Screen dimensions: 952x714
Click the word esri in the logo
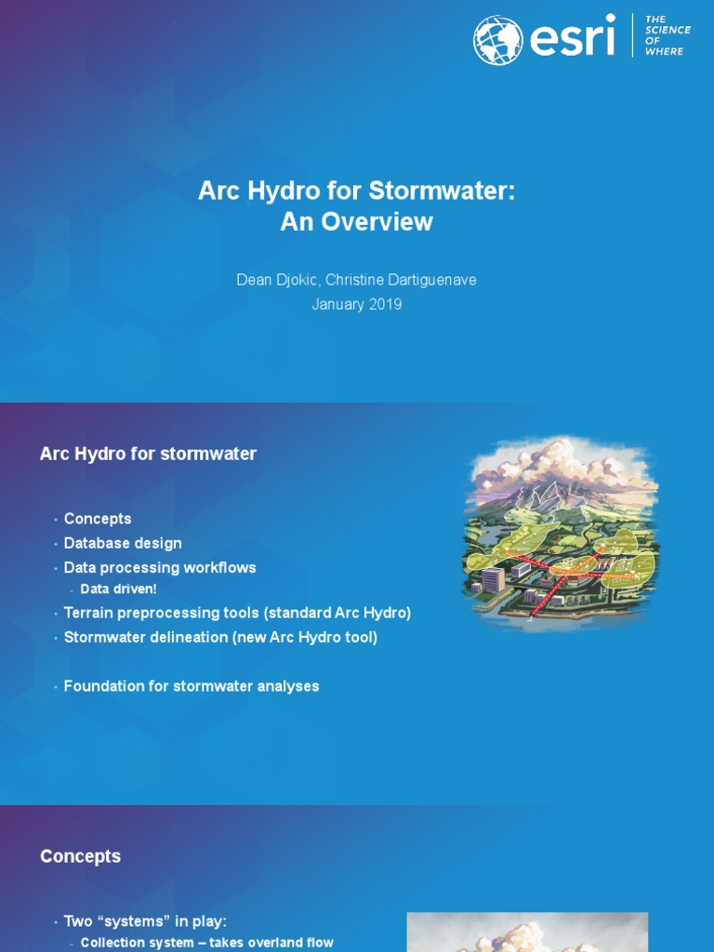[573, 39]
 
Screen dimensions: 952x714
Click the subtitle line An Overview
[357, 222]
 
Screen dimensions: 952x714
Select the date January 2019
[357, 304]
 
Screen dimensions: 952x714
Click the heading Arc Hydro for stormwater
[148, 454]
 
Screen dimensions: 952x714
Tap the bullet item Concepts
[98, 519]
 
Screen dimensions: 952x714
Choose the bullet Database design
[123, 543]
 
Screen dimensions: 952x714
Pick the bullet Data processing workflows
[160, 567]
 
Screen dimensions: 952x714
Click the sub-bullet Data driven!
[119, 589]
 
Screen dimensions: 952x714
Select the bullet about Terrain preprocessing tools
[237, 614]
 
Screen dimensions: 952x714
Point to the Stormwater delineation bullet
[220, 638]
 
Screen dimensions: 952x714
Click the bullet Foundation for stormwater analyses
[192, 686]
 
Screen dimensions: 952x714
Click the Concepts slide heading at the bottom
[81, 856]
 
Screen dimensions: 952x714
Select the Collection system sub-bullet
[206, 943]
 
